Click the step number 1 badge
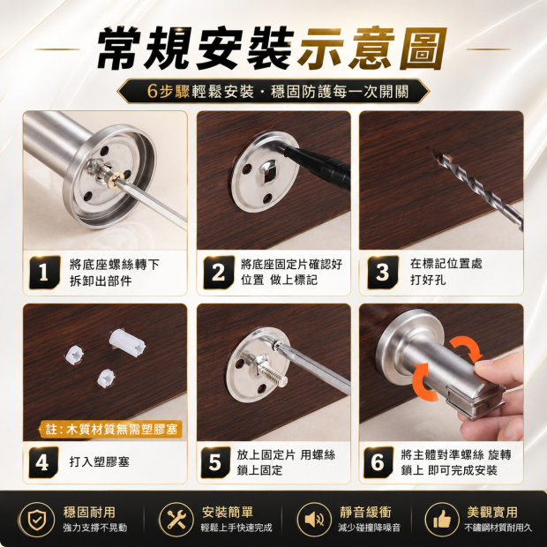(x=44, y=272)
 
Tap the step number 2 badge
(x=219, y=272)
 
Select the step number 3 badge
(x=382, y=272)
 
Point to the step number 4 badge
(x=43, y=462)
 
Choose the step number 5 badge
(x=215, y=462)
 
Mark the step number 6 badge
(x=378, y=462)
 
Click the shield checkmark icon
(x=36, y=520)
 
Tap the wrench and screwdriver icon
(x=176, y=520)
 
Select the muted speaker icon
(x=314, y=520)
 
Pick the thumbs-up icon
(x=442, y=520)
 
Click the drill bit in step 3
(x=479, y=191)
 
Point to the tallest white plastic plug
(x=127, y=342)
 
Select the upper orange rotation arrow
(x=467, y=348)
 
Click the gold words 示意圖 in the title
(x=372, y=49)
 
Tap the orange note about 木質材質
(x=111, y=429)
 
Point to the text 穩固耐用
(x=90, y=512)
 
